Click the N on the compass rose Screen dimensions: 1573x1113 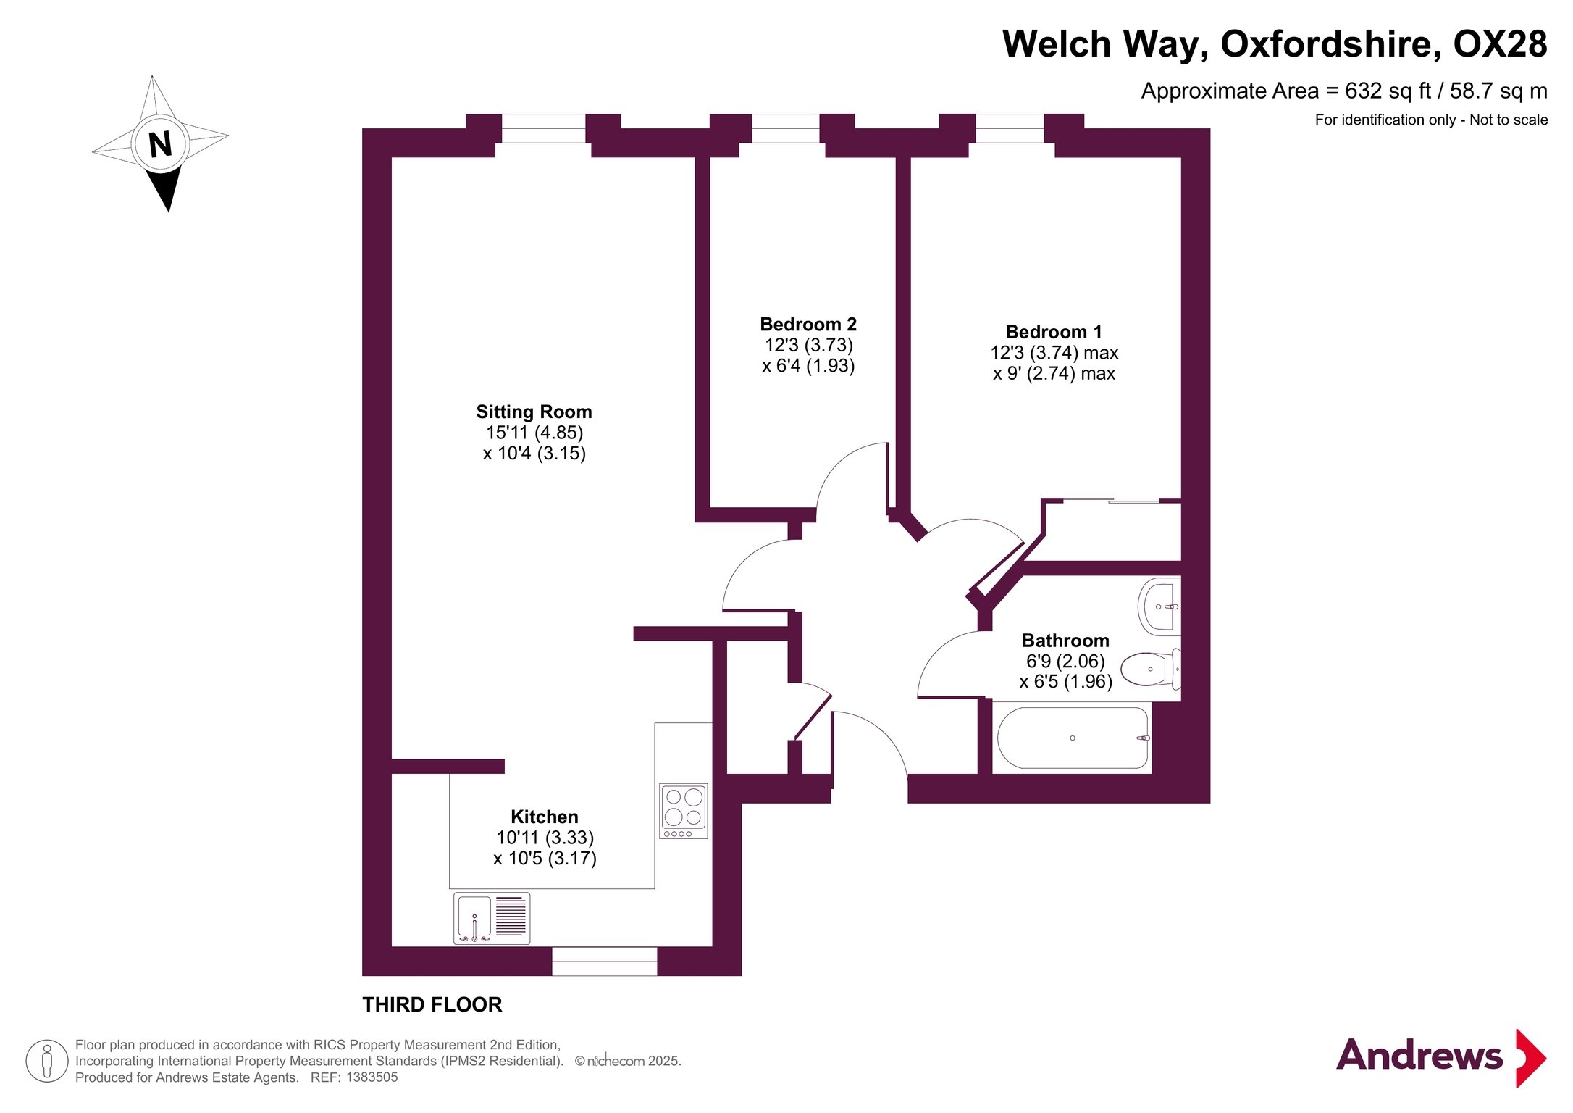coord(160,144)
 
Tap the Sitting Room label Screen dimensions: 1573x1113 coord(534,412)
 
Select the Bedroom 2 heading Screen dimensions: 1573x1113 coord(808,324)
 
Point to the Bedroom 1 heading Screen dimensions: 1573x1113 coord(1054,332)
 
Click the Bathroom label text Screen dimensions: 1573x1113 coord(1065,641)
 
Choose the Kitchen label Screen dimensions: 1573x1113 coord(545,817)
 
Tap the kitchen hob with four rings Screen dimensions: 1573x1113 coord(683,811)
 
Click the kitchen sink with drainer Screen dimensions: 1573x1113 coord(492,918)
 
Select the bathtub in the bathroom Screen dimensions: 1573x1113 coord(1073,738)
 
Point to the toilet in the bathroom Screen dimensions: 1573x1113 coord(1152,669)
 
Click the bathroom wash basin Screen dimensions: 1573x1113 coord(1159,606)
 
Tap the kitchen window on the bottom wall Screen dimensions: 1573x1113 coord(605,962)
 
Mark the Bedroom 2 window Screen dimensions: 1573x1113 coord(786,128)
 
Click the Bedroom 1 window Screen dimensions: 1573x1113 coord(1010,128)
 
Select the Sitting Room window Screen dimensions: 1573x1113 coord(543,128)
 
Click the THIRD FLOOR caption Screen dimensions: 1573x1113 coord(432,1004)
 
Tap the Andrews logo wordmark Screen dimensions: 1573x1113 coord(1419,1055)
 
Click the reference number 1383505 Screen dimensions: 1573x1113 coord(372,1077)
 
